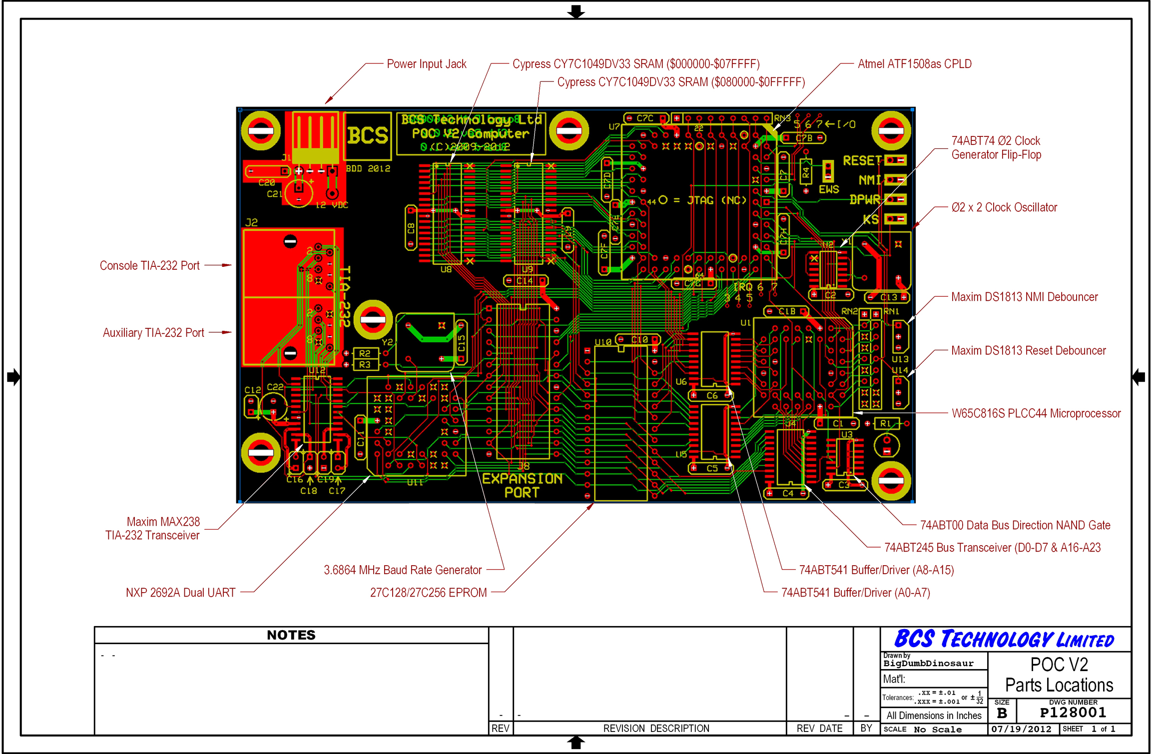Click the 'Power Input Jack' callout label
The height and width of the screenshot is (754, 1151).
pos(426,64)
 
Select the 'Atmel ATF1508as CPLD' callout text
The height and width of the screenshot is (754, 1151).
pos(914,64)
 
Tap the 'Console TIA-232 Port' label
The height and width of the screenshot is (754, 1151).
pos(149,265)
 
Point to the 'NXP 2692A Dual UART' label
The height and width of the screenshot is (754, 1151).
pos(180,593)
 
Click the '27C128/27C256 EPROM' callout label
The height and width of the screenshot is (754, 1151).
pos(428,593)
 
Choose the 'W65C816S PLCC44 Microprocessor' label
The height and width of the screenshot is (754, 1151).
pos(1036,413)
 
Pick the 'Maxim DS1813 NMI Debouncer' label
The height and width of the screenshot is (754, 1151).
pos(1024,297)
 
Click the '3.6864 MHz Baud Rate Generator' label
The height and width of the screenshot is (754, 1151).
pos(403,570)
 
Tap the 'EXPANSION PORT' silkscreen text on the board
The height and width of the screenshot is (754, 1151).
pos(522,485)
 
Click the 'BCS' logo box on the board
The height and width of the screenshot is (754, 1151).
pos(368,135)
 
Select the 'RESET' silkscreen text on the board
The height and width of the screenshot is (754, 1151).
pos(862,160)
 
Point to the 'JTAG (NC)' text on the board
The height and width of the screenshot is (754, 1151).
pos(716,200)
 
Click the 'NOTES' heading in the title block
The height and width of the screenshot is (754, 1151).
pos(291,635)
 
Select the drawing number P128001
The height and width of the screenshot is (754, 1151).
pos(1073,713)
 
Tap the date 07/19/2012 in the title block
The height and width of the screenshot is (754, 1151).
pos(1022,729)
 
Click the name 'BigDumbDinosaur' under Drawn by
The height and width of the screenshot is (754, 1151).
pos(928,664)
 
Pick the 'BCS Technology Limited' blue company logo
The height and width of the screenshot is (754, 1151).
pos(1004,639)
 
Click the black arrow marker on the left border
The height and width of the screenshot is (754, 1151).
pos(13,377)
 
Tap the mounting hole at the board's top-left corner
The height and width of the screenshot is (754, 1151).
pos(261,131)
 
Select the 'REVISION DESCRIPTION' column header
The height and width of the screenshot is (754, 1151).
pos(656,729)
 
